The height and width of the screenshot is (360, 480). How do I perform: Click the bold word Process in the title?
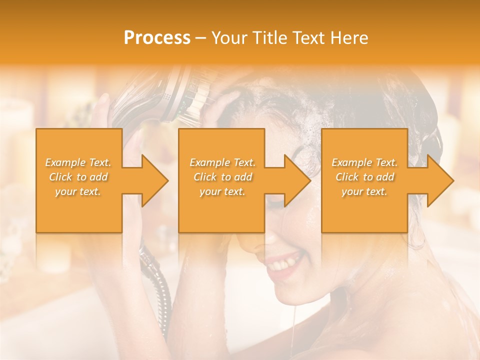[157, 37]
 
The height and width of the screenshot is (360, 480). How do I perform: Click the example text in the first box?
[78, 177]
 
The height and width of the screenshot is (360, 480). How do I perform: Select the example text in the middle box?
[222, 177]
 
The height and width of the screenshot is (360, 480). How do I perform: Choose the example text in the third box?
[364, 177]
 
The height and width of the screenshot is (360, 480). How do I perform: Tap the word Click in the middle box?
[204, 177]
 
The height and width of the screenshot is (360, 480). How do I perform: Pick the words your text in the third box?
[364, 191]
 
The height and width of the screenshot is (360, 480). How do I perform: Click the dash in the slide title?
[200, 38]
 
